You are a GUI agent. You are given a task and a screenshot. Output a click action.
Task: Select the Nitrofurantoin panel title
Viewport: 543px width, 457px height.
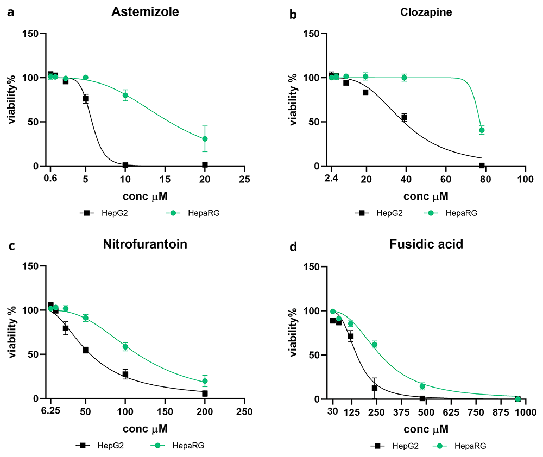point(145,244)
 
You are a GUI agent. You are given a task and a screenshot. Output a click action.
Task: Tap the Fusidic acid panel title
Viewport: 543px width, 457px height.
point(426,244)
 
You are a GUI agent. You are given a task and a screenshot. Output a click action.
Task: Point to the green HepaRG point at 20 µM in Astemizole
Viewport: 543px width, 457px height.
point(205,139)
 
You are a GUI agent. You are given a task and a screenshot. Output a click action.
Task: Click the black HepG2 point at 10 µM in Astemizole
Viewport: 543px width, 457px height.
point(125,165)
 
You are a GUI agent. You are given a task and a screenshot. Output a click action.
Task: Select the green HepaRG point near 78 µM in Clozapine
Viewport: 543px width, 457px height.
point(482,130)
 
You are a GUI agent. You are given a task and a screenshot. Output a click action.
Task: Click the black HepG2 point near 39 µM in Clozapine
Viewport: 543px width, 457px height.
point(404,117)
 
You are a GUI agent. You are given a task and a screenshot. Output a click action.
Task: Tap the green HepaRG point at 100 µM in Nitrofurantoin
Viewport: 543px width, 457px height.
point(125,347)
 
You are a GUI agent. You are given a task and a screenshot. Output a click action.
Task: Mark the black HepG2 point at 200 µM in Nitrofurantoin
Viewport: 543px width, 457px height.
point(205,393)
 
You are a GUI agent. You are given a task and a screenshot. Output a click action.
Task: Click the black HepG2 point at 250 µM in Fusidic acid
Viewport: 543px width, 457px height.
point(375,388)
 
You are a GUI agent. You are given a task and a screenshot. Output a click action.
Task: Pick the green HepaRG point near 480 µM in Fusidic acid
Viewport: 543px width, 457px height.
point(422,386)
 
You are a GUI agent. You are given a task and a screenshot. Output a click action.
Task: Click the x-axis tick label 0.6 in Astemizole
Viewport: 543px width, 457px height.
point(50,179)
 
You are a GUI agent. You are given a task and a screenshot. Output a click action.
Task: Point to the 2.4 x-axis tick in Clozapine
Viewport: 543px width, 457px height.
point(331,179)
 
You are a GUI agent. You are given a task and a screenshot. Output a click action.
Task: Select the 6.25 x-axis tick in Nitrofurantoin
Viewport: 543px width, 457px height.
point(50,411)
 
